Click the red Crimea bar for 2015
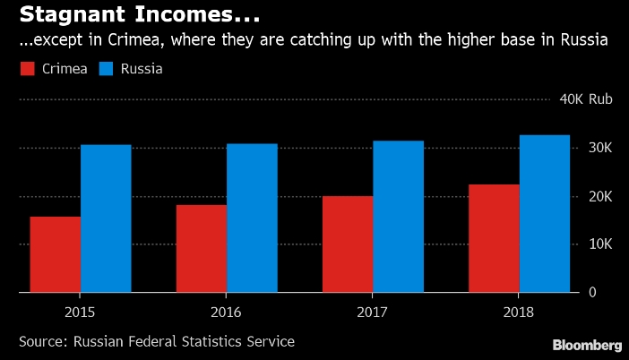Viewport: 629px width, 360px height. click(x=56, y=254)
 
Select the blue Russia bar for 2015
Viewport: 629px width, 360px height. click(x=106, y=219)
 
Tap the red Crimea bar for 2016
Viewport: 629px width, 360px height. click(x=202, y=249)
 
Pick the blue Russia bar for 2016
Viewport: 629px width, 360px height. click(x=252, y=218)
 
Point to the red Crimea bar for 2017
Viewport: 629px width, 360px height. click(x=349, y=244)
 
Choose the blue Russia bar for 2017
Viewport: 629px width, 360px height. click(x=399, y=217)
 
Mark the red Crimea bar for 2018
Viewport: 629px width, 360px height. click(x=494, y=238)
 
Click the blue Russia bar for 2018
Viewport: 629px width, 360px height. click(x=545, y=214)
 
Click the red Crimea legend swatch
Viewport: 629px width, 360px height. click(x=27, y=69)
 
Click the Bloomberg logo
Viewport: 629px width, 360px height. click(x=587, y=345)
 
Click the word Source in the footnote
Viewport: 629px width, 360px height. click(x=41, y=341)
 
